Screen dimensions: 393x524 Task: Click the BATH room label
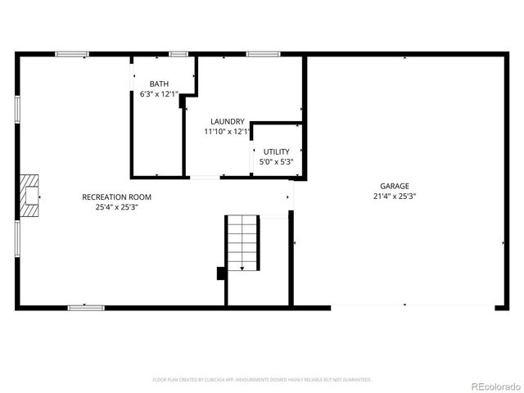(159, 84)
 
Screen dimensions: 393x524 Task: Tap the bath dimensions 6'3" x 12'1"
(159, 94)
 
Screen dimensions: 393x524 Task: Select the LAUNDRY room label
(227, 121)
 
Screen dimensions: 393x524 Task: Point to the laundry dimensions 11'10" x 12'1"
(227, 131)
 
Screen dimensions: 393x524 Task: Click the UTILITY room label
(276, 151)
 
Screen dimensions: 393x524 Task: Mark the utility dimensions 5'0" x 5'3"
(276, 161)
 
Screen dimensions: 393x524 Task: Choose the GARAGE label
(394, 186)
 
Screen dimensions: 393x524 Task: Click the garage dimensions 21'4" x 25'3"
(394, 196)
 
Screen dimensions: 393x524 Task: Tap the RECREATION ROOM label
(116, 196)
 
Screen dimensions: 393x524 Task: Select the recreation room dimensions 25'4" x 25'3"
(116, 206)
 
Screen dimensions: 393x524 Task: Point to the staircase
(243, 242)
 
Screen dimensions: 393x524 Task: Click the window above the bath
(178, 54)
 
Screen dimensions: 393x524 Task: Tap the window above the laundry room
(263, 54)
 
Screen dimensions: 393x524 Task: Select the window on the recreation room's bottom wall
(86, 308)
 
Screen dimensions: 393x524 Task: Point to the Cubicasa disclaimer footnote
(262, 380)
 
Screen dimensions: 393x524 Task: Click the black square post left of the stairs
(221, 273)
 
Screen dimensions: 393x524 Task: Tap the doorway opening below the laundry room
(206, 177)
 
